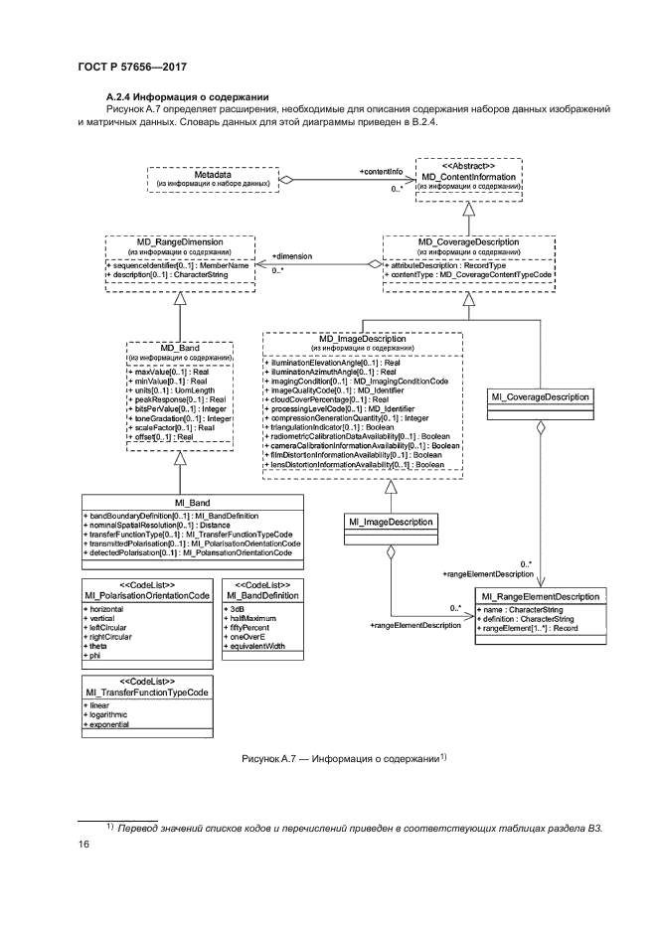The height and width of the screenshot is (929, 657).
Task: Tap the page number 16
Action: pos(83,844)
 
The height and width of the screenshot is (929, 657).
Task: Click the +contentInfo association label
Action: pos(381,172)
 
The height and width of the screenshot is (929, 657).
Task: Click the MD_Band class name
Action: pos(178,346)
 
